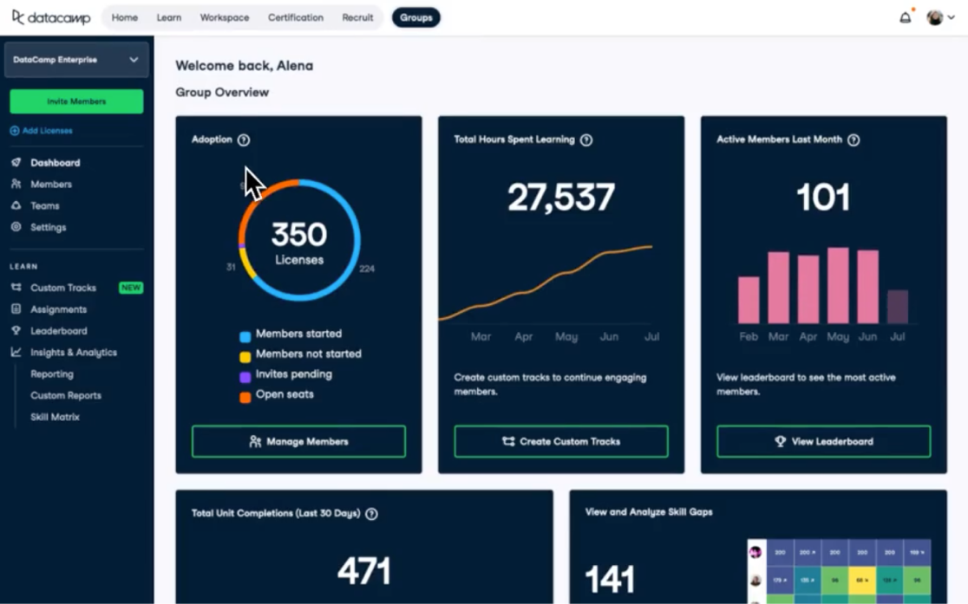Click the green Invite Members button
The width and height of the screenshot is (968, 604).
76,101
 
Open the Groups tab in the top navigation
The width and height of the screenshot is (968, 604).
415,17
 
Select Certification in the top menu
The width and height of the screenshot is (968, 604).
295,17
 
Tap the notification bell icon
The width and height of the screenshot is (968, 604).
905,17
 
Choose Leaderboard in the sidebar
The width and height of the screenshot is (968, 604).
58,331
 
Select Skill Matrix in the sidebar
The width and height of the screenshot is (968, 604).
55,417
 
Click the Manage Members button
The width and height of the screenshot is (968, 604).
298,441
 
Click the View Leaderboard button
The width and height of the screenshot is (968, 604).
823,441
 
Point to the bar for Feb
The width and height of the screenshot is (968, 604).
749,300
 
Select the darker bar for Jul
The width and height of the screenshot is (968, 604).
898,307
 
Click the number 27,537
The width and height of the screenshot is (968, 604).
560,198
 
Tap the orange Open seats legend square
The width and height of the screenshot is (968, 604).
245,396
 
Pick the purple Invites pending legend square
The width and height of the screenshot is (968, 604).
245,376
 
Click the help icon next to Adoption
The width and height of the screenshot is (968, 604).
244,140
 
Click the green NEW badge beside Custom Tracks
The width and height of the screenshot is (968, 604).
131,288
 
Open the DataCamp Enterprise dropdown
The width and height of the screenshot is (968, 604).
76,60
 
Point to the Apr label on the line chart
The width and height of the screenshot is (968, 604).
523,336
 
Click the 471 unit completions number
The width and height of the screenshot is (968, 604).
363,571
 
